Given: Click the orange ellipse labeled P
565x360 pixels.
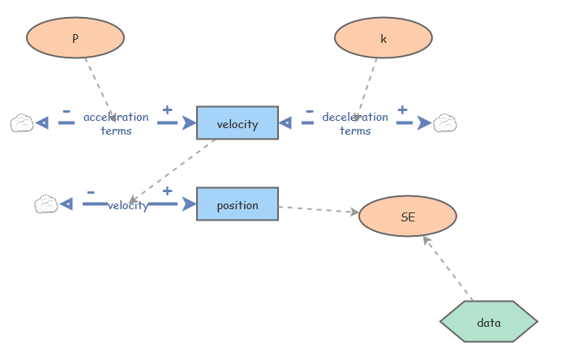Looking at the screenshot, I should (x=75, y=37).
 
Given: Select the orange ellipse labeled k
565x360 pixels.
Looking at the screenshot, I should (x=383, y=37).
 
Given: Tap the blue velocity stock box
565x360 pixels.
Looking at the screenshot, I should (x=238, y=123).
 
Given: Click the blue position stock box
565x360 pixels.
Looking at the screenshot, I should (x=238, y=204).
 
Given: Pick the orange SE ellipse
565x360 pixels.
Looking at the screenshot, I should (x=408, y=216).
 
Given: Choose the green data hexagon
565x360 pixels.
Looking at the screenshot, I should (x=489, y=322).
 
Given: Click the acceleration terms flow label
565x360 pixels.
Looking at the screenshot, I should (x=116, y=123).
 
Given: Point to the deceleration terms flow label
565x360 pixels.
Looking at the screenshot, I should (x=355, y=123).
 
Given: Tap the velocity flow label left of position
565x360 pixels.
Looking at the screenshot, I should (x=128, y=205).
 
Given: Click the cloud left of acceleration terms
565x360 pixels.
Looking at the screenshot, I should (x=22, y=123).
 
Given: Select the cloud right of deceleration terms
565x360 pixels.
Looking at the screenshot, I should (x=445, y=123).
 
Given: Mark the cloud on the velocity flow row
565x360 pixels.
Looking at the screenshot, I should (x=46, y=204).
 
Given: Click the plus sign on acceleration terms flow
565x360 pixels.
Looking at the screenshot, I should (x=167, y=110).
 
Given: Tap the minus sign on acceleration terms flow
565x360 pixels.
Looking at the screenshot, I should (x=66, y=111).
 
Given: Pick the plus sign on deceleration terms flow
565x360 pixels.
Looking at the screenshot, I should (x=402, y=109).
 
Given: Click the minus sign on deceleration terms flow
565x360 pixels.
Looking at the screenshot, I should (x=309, y=111).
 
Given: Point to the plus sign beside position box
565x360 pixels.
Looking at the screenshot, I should (x=167, y=191).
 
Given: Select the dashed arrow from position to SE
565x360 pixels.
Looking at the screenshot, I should (x=318, y=209).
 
